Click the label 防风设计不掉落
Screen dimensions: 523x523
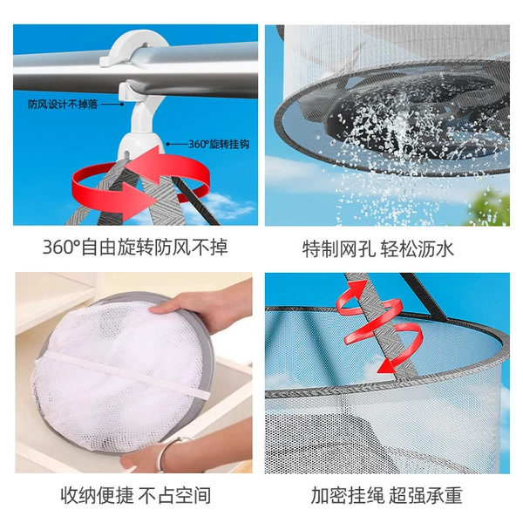(x=63, y=105)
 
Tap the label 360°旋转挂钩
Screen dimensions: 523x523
(x=219, y=144)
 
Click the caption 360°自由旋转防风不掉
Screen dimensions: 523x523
(x=135, y=248)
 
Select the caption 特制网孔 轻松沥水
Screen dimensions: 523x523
(x=378, y=248)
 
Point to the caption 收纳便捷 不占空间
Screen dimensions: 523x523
(x=136, y=495)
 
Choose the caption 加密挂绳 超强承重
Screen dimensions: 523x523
(x=386, y=495)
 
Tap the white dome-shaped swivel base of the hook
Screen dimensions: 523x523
(x=141, y=145)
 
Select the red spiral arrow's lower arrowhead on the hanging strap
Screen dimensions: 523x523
(x=388, y=366)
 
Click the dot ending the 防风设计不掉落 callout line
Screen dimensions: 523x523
(x=122, y=105)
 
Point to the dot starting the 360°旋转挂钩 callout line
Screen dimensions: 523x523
(x=167, y=144)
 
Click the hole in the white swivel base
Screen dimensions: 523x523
(x=126, y=154)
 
